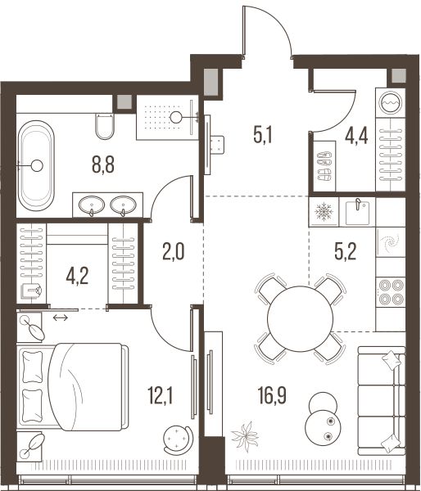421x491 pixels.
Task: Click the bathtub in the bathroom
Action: (36, 165)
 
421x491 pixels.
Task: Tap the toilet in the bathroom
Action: (105, 127)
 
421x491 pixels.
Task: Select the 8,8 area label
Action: (103, 164)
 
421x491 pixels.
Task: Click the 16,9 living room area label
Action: (272, 395)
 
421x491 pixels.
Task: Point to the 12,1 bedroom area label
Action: (161, 395)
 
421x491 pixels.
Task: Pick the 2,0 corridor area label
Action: (174, 252)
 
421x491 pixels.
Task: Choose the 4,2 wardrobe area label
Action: (77, 277)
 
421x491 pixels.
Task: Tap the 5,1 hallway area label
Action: (263, 135)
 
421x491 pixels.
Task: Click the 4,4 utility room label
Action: (356, 135)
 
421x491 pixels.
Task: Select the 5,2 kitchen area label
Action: (346, 252)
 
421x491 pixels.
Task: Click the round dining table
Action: (300, 319)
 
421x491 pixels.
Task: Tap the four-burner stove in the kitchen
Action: (391, 292)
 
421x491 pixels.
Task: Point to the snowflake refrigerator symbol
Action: (324, 212)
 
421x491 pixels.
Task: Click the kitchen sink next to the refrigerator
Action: (357, 212)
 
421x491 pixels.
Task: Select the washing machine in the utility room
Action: (390, 103)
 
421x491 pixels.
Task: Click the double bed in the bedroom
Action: (74, 387)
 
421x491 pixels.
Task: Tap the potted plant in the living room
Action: (246, 436)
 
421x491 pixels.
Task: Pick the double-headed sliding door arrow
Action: (60, 318)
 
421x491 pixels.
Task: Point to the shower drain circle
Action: (175, 117)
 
